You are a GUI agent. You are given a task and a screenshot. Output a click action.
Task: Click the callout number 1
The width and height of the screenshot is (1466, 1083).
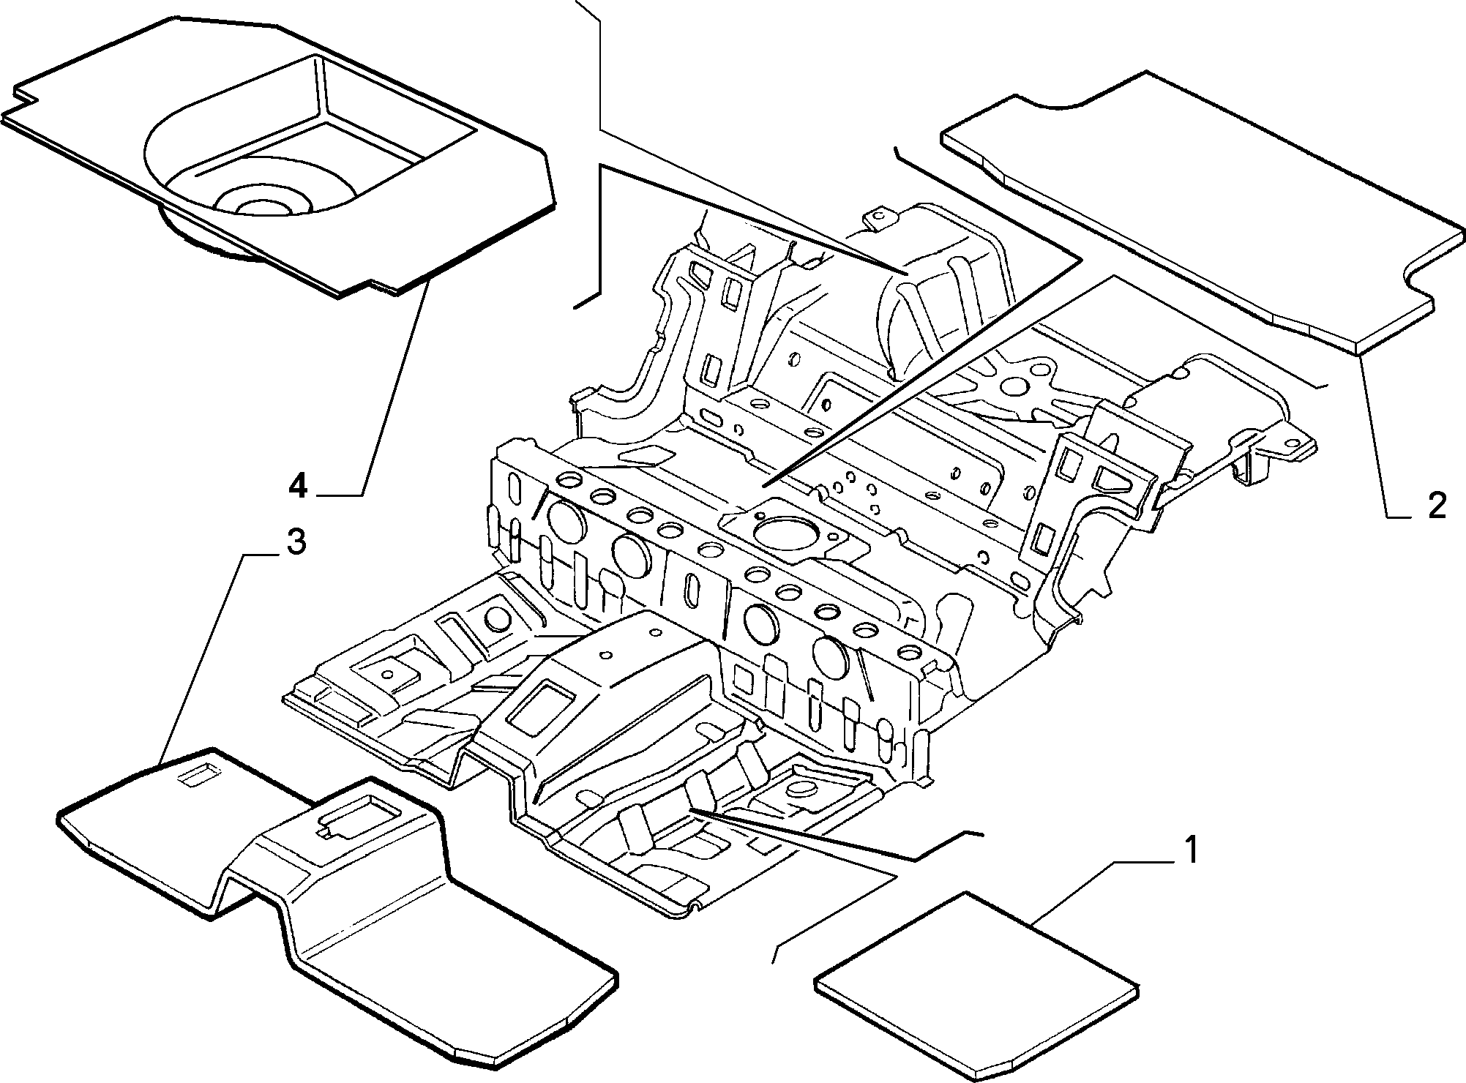pyautogui.click(x=1191, y=850)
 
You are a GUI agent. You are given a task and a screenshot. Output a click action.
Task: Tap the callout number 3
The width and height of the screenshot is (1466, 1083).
pyautogui.click(x=295, y=542)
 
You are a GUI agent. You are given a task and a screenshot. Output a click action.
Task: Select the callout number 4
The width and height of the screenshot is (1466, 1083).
pyautogui.click(x=297, y=485)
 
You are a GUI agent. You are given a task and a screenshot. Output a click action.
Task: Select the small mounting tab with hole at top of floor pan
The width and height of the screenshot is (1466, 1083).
pyautogui.click(x=878, y=219)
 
